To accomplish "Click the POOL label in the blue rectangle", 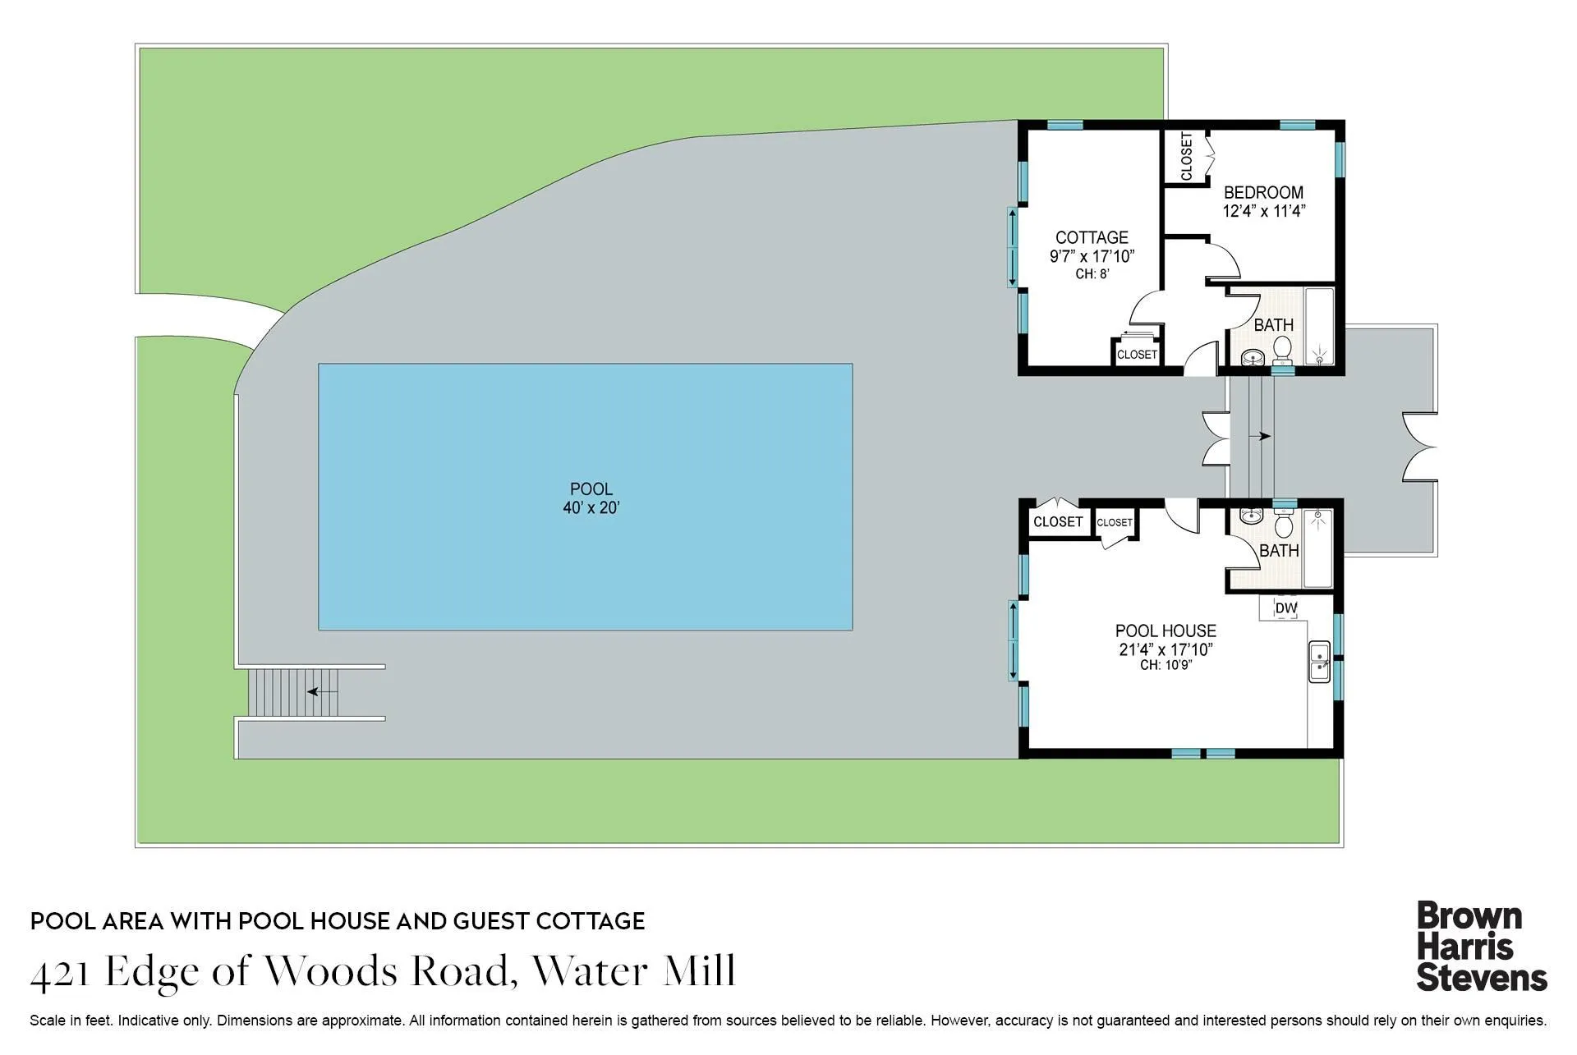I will tap(591, 489).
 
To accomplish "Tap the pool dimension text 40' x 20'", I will tap(591, 508).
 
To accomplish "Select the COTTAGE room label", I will tap(1092, 237).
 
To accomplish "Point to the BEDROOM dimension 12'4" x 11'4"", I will tap(1263, 211).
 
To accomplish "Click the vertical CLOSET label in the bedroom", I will tap(1186, 156).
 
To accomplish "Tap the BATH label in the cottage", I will tap(1273, 325).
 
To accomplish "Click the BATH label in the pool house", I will tap(1279, 551).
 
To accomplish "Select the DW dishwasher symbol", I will tap(1286, 608).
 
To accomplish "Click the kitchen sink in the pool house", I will tap(1319, 662).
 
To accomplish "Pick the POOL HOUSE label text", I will tap(1166, 631).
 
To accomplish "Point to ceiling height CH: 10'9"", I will tap(1166, 665).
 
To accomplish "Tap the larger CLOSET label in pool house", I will tap(1057, 522).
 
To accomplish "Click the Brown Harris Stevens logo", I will tap(1481, 947).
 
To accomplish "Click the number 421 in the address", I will tap(60, 974).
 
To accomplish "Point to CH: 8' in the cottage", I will tap(1092, 274).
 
